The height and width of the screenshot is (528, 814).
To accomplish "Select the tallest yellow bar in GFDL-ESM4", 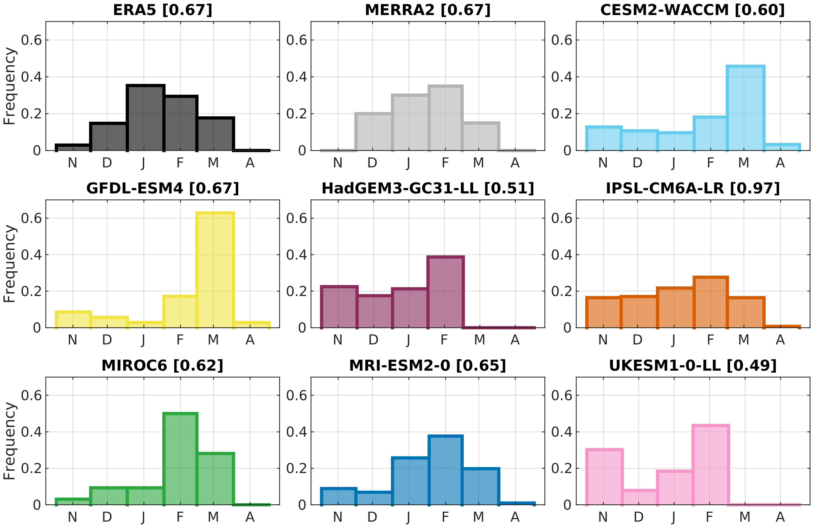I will click(215, 270).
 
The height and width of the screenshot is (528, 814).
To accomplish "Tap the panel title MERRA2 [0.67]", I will click(427, 10).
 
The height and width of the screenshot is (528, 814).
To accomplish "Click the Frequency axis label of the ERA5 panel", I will click(10, 86).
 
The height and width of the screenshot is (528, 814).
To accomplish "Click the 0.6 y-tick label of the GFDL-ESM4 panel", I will click(31, 218).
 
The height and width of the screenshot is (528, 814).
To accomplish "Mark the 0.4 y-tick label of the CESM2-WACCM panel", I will click(562, 77).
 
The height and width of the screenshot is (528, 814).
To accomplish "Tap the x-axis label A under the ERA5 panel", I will click(250, 163).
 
